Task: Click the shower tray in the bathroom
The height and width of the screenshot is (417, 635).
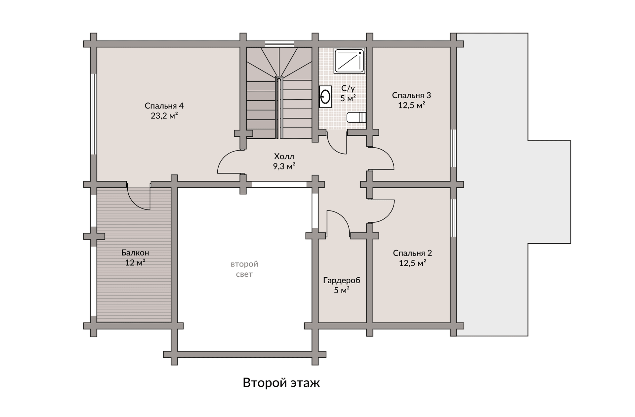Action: (349, 61)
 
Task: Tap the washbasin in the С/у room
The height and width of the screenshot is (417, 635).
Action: (325, 97)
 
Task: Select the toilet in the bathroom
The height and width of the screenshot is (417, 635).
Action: (356, 117)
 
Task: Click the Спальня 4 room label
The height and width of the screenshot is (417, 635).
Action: (164, 106)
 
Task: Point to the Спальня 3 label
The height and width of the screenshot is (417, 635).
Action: (411, 95)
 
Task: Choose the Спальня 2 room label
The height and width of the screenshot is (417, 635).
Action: (412, 253)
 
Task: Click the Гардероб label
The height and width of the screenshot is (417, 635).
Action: (342, 280)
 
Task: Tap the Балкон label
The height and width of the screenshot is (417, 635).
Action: (135, 253)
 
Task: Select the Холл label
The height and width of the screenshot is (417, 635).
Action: (284, 156)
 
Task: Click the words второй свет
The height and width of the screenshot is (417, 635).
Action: (244, 269)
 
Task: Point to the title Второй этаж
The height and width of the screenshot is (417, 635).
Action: (281, 383)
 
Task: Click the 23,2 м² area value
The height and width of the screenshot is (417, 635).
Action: (164, 116)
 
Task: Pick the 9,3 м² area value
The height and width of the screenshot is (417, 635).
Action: (284, 166)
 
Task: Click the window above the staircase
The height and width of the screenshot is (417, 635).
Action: (279, 44)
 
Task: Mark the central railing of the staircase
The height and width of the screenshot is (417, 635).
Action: (279, 108)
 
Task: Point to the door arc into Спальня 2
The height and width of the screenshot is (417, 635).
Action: (389, 215)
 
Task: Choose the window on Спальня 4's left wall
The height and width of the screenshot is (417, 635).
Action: (94, 114)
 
